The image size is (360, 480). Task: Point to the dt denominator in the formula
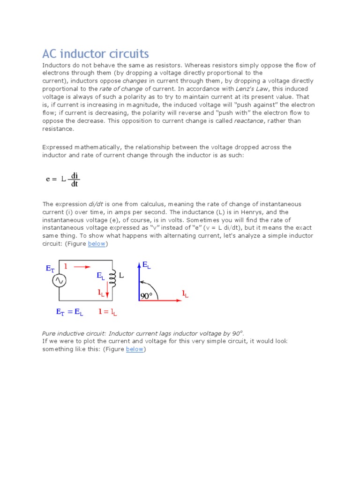(74, 184)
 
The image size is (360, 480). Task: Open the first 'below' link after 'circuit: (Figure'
(97, 244)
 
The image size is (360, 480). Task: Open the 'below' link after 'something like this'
(135, 349)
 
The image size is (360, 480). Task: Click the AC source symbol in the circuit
(59, 280)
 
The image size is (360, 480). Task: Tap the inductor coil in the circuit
(112, 279)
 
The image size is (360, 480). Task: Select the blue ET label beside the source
(50, 269)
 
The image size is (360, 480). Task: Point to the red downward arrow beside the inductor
(107, 292)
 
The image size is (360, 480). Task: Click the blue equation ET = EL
(69, 312)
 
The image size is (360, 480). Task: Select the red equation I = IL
(108, 312)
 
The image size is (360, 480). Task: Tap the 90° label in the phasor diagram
(146, 296)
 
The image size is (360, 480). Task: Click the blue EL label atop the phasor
(147, 266)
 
